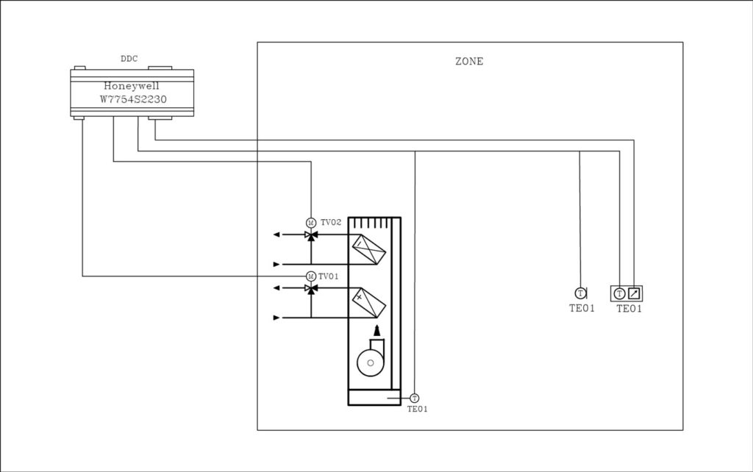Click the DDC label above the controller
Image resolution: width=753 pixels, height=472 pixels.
(129, 59)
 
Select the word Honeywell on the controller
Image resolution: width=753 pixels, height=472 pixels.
(132, 86)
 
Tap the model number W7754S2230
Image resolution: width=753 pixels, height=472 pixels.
(133, 99)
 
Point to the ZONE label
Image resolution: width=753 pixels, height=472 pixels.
(469, 62)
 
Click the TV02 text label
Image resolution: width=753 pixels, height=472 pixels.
(331, 222)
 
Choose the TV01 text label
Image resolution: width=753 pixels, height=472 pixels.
(329, 276)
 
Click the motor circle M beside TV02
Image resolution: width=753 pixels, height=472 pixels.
(311, 222)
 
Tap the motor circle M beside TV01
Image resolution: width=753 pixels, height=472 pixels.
(311, 276)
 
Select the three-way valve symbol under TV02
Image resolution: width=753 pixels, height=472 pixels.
(311, 235)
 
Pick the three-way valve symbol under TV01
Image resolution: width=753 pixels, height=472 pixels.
(311, 289)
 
